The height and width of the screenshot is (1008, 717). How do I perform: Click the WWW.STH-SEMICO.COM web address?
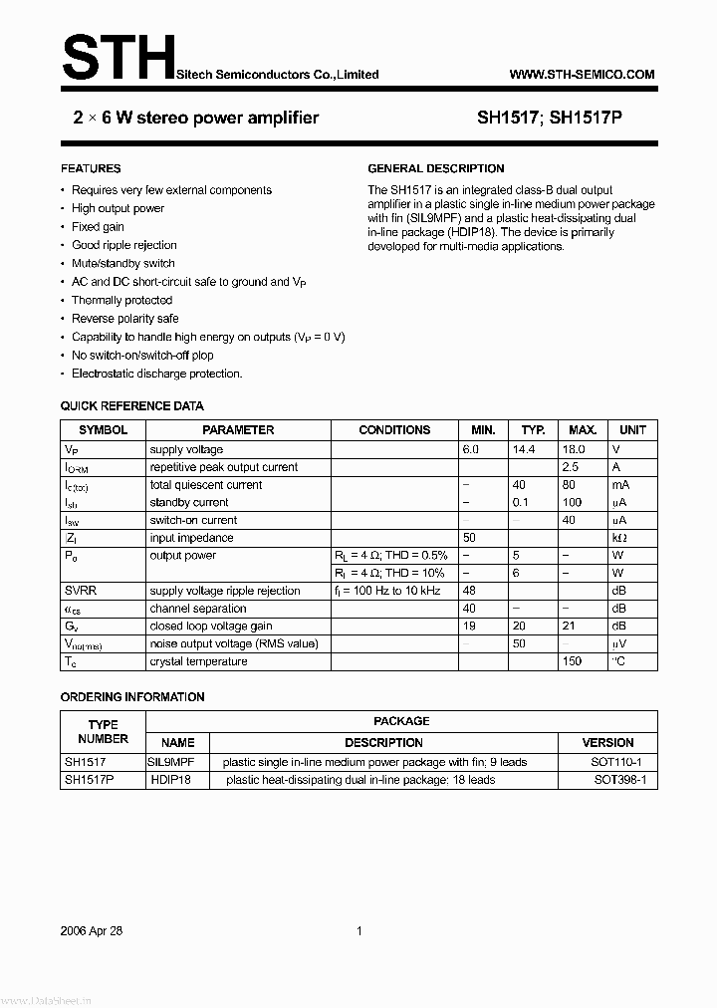[x=582, y=75]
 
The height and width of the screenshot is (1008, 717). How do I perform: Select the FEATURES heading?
[x=91, y=168]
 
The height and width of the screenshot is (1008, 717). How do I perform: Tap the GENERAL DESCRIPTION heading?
[x=436, y=168]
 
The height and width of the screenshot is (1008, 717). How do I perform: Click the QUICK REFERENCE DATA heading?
[x=131, y=406]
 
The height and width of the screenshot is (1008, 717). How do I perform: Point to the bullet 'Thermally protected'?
[x=121, y=300]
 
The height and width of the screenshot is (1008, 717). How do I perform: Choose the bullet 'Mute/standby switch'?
[x=122, y=263]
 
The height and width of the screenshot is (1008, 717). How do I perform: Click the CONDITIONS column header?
[x=394, y=430]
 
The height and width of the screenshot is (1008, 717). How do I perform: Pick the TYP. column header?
[x=534, y=430]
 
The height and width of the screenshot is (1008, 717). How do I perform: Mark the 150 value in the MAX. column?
[x=572, y=661]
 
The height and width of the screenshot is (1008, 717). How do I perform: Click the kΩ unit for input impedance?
[x=619, y=538]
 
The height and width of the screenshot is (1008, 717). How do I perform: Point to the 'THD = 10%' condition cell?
[x=390, y=573]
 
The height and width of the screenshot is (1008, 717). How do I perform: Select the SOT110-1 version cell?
[x=617, y=762]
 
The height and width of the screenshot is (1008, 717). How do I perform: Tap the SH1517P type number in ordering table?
[x=89, y=780]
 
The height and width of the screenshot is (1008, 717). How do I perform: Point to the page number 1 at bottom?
[x=358, y=931]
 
